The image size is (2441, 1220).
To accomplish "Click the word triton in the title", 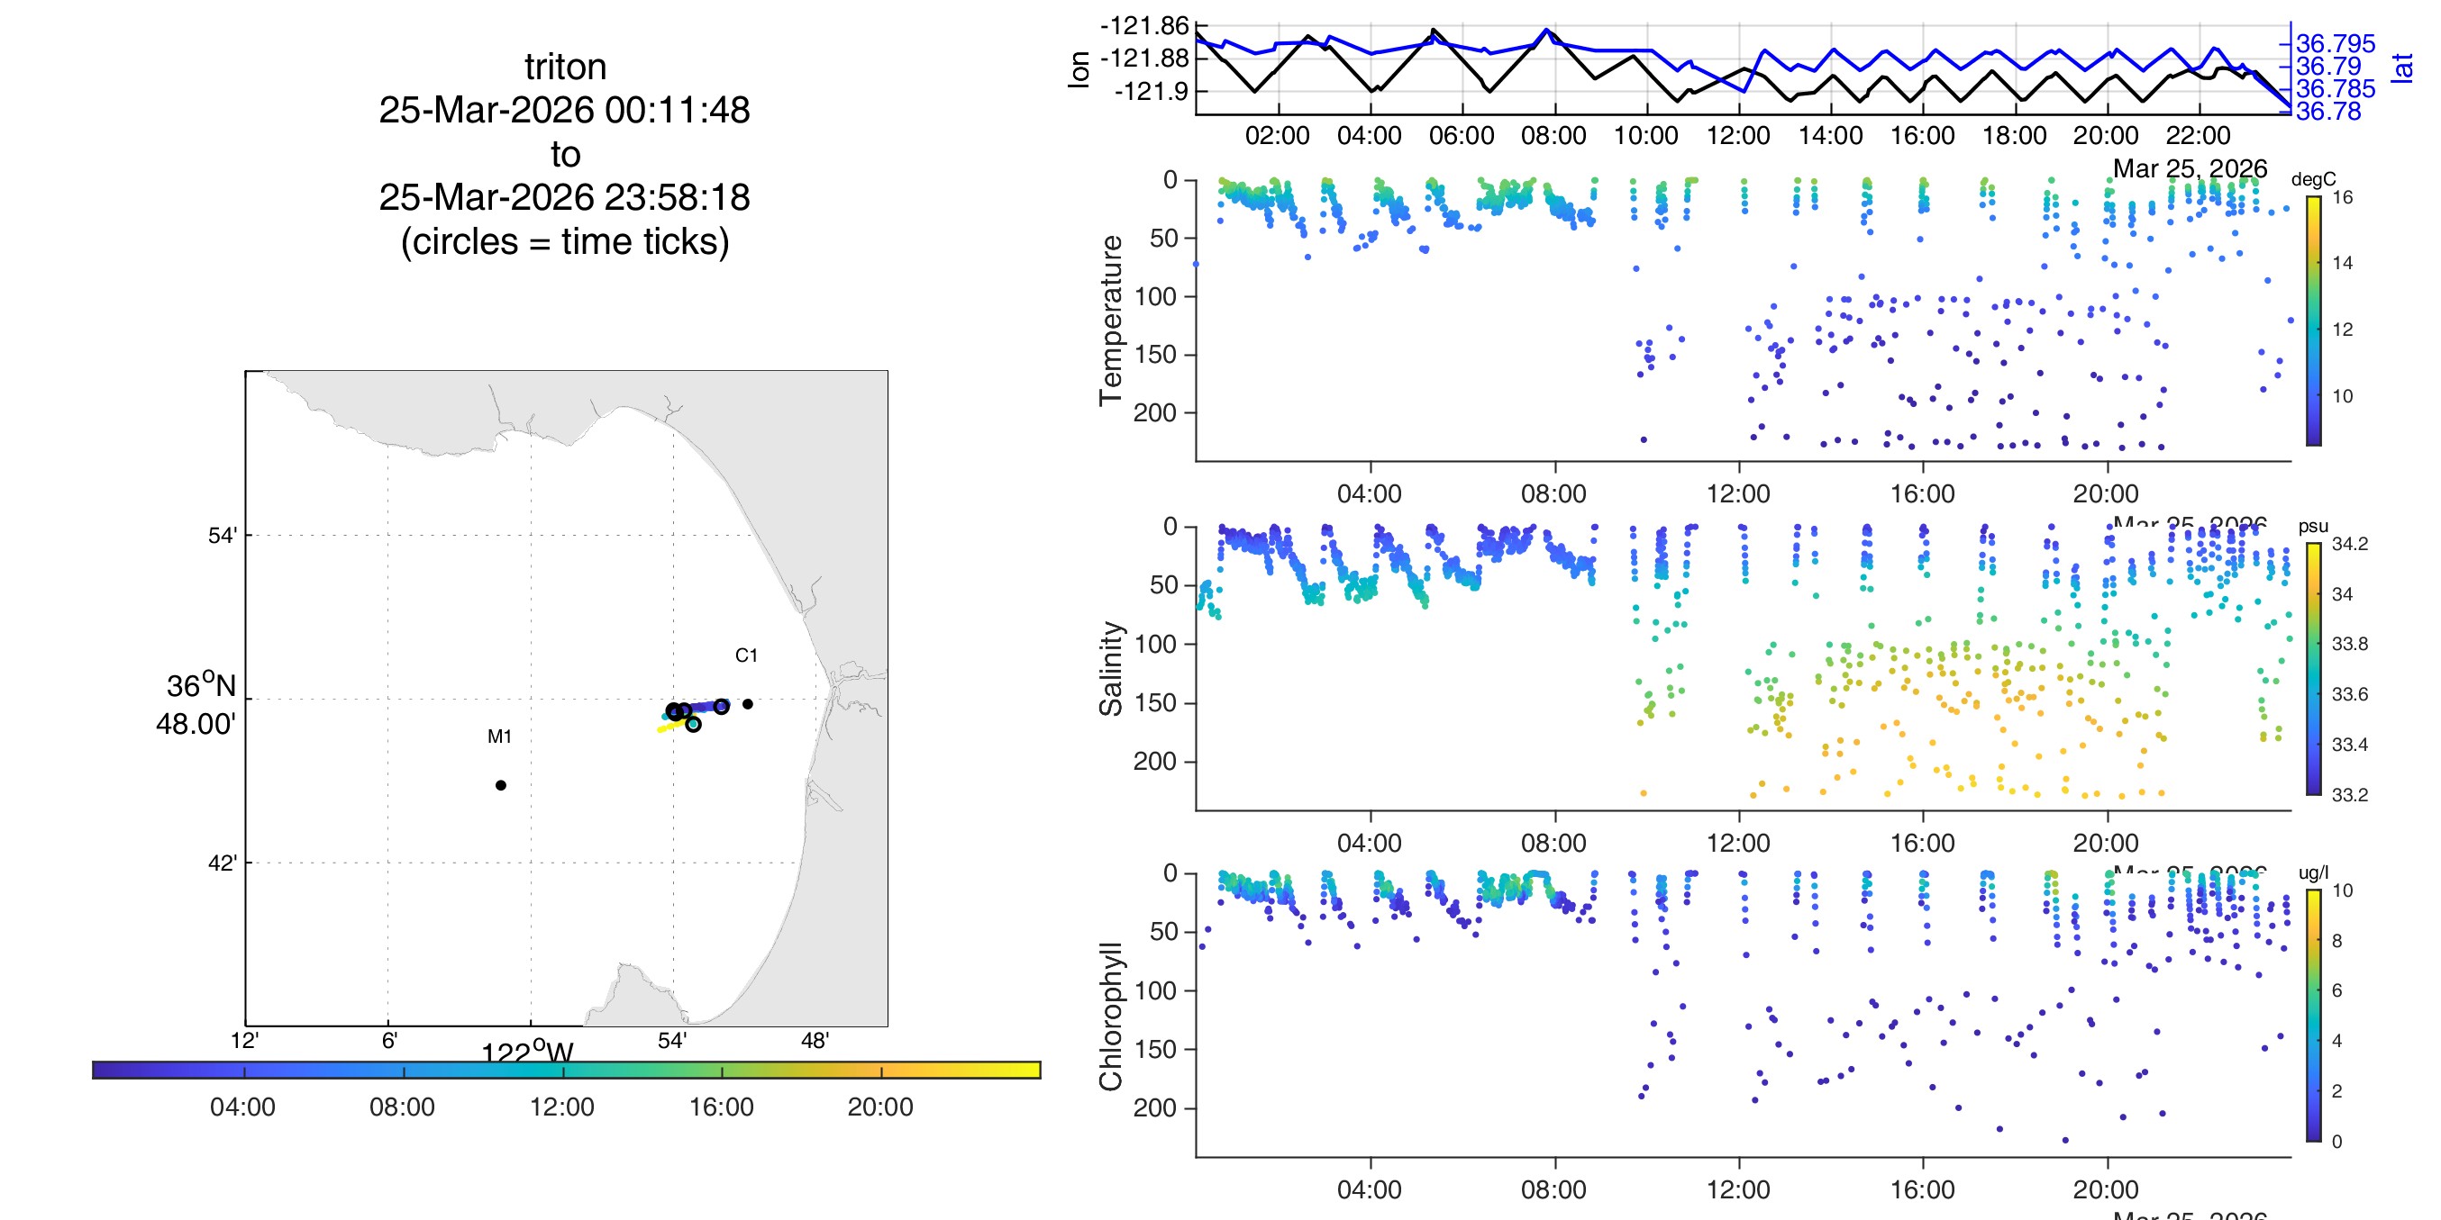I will (x=565, y=68).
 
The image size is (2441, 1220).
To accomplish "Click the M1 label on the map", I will (x=499, y=736).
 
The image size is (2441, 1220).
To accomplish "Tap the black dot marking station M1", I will (x=500, y=785).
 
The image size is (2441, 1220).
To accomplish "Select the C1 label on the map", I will (x=746, y=655).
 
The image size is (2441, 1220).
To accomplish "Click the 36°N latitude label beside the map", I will (x=201, y=686).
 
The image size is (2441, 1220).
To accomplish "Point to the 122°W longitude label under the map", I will (x=527, y=1053).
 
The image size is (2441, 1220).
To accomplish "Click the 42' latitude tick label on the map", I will (x=222, y=863).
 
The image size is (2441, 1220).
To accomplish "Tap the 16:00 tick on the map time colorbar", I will (x=721, y=1107).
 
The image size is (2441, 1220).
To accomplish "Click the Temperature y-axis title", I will (x=1111, y=321).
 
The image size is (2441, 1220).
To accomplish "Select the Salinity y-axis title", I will (x=1111, y=669).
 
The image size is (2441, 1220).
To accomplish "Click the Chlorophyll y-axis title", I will (x=1111, y=1017).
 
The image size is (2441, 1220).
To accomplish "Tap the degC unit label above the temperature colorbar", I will (x=2313, y=179).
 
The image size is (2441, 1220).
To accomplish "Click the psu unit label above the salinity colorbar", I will (x=2313, y=526).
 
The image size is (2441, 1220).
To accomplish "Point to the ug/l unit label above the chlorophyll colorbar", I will (x=2313, y=872).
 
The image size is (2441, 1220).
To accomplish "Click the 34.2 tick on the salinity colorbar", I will (x=2349, y=544).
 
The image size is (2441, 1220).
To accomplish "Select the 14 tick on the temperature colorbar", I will (x=2343, y=263).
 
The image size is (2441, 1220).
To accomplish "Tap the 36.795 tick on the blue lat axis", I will (x=2335, y=43).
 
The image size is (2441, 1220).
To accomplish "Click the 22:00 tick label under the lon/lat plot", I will (x=2198, y=135).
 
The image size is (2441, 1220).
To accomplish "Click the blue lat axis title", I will (x=2402, y=68).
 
